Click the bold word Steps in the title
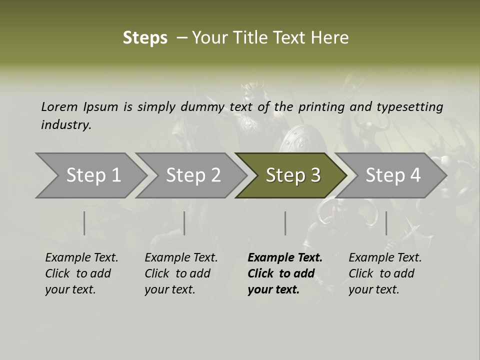(x=145, y=38)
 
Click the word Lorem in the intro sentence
(x=59, y=106)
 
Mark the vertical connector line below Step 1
(x=84, y=223)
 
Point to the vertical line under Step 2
(x=184, y=223)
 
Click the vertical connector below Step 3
(x=285, y=223)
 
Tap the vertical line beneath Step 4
(x=386, y=223)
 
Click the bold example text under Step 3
(x=284, y=273)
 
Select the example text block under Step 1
(x=81, y=273)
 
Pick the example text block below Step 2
(x=181, y=273)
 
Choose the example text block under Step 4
(x=385, y=273)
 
